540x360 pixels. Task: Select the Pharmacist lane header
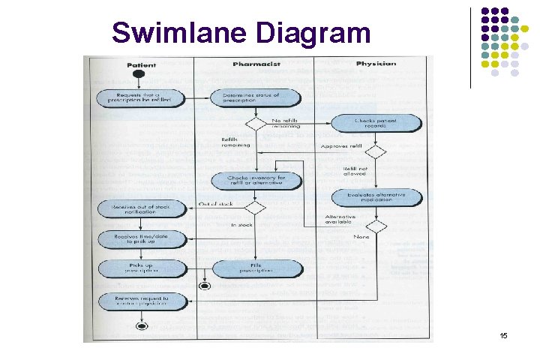coord(256,64)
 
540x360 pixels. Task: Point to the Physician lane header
coord(376,64)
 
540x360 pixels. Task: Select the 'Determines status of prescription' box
coord(256,98)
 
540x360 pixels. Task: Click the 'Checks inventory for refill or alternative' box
coord(256,180)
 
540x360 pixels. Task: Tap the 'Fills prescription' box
coord(256,268)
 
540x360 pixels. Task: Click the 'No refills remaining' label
coord(285,123)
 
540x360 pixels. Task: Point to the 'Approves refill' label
coord(340,146)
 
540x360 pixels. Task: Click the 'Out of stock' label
coord(215,203)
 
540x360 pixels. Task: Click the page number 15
coord(503,335)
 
